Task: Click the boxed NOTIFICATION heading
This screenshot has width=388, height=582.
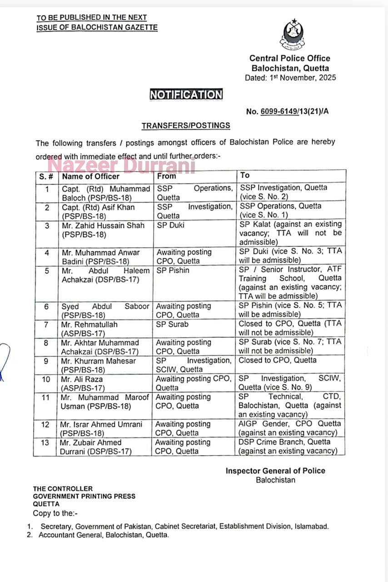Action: click(186, 95)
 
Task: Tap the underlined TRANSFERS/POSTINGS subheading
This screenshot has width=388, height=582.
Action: click(186, 125)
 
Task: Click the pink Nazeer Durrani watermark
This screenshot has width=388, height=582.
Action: click(121, 165)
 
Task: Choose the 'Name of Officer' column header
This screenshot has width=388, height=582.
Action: click(90, 176)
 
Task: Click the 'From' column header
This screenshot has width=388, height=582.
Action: click(166, 176)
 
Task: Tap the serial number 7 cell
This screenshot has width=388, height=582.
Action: click(46, 324)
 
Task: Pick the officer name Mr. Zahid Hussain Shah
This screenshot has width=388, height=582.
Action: click(103, 226)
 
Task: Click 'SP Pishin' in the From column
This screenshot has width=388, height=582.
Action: click(173, 270)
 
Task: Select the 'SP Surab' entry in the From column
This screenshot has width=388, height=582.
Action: click(172, 324)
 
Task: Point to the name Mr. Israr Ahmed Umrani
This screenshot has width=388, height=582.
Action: click(101, 424)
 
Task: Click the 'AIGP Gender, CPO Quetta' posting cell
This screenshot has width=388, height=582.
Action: click(289, 428)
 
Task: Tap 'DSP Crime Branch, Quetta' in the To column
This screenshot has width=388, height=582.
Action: click(284, 442)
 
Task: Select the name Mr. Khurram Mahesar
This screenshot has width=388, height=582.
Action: click(99, 361)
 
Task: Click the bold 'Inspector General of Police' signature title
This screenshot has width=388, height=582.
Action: click(275, 471)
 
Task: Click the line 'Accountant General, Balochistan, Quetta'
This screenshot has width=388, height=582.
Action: click(104, 535)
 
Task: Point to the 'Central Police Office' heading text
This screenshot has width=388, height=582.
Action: click(290, 58)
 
